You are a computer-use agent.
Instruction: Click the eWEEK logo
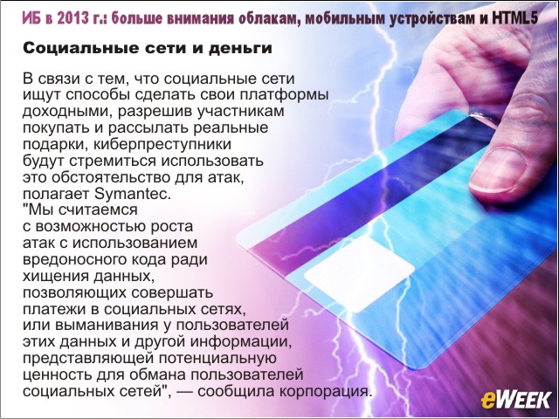(516, 400)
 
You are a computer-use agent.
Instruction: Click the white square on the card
(359, 273)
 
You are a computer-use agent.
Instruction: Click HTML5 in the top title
(514, 18)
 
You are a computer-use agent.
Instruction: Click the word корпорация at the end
(326, 392)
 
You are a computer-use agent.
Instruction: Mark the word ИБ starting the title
(31, 18)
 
